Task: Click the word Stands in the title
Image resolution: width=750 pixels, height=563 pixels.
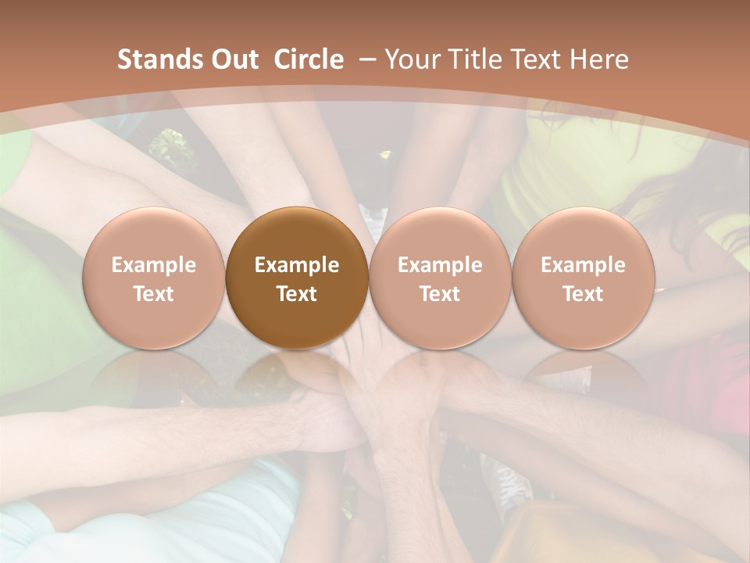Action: pos(159,59)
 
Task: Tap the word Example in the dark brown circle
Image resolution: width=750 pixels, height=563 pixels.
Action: pos(296,265)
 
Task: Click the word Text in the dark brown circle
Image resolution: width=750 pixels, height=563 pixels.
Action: pos(296,294)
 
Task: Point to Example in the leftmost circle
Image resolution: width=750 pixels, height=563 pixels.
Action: pos(153,265)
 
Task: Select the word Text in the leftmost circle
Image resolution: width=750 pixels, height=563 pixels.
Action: pos(153,294)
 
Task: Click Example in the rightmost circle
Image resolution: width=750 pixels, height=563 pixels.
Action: pos(583,265)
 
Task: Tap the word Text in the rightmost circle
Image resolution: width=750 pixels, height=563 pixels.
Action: pos(583,294)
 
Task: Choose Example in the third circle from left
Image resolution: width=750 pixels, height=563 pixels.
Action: pos(440,265)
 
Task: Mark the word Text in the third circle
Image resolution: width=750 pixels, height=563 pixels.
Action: pos(440,294)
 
